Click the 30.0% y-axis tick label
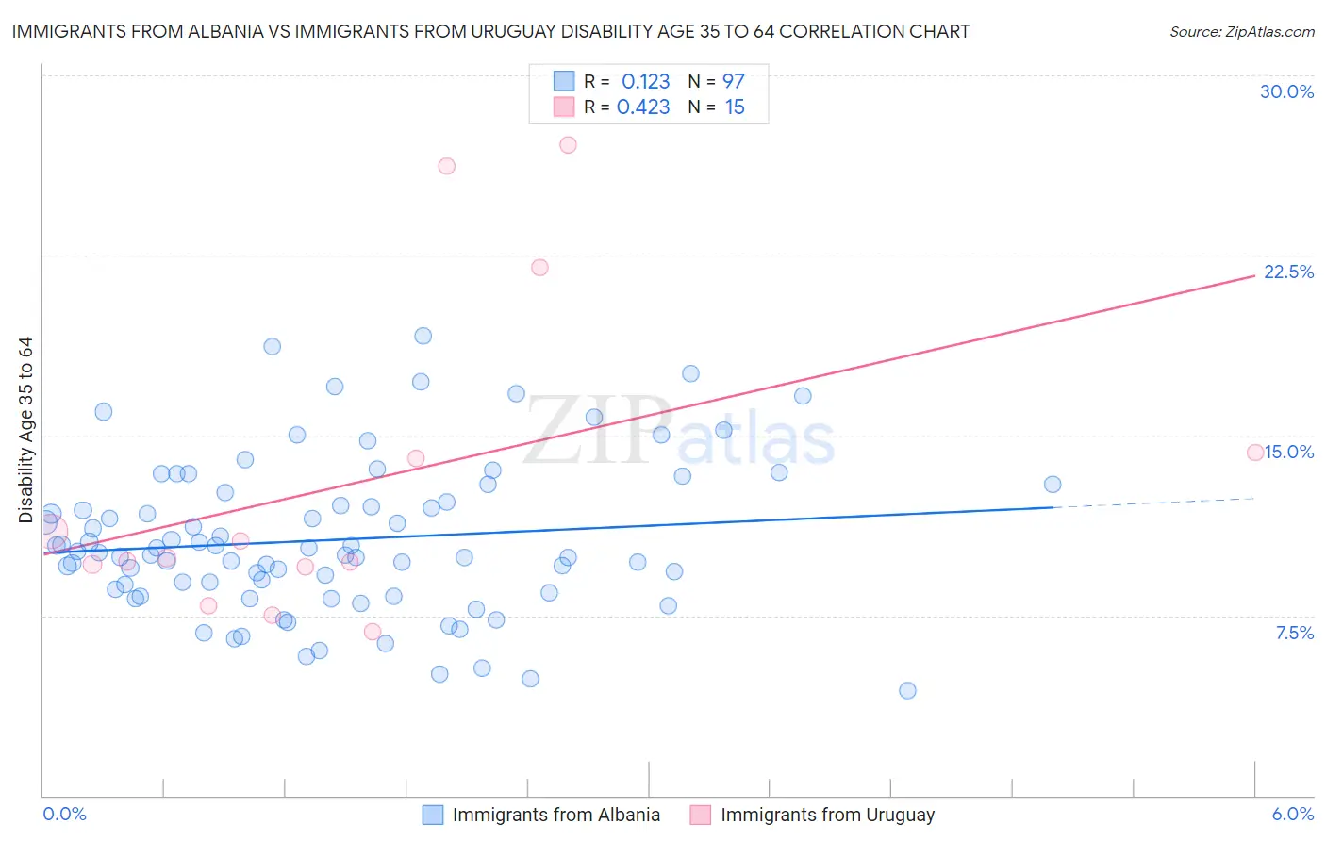tap(1286, 91)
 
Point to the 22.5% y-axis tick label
tap(1288, 272)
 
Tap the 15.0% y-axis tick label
tap(1288, 452)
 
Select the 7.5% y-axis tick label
tap(1294, 633)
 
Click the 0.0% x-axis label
tap(64, 814)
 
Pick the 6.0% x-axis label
tap(1292, 814)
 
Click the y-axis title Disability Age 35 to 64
tap(25, 430)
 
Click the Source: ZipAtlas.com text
tap(1241, 31)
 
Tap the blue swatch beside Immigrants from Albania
tap(433, 815)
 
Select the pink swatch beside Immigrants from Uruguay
tap(700, 815)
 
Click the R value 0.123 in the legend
tap(645, 81)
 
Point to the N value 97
tap(734, 81)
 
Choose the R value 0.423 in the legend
tap(643, 107)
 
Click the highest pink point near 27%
tap(568, 145)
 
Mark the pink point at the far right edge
tap(1255, 453)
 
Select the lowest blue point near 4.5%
tap(907, 690)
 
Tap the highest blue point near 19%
tap(423, 336)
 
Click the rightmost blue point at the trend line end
tap(1053, 485)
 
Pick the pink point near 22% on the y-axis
tap(539, 268)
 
